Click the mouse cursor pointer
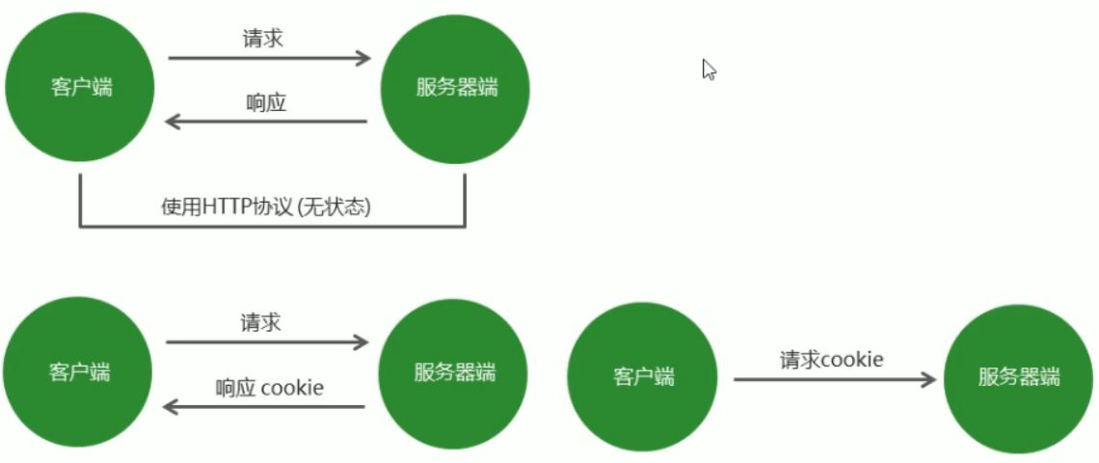pyautogui.click(x=709, y=69)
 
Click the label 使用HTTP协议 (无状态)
pyautogui.click(x=266, y=207)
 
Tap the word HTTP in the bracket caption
pyautogui.click(x=225, y=207)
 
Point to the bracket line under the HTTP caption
pyautogui.click(x=272, y=227)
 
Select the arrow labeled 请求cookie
pyautogui.click(x=835, y=379)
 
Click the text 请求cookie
pyautogui.click(x=831, y=360)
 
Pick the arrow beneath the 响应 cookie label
pyautogui.click(x=264, y=407)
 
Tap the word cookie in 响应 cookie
pyautogui.click(x=292, y=388)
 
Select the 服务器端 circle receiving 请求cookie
pyautogui.click(x=1019, y=376)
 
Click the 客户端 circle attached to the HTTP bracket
pyautogui.click(x=81, y=87)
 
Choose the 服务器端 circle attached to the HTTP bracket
pyautogui.click(x=457, y=87)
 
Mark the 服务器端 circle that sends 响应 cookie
pyautogui.click(x=454, y=371)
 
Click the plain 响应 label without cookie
pyautogui.click(x=266, y=102)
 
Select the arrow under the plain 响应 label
pyautogui.click(x=266, y=122)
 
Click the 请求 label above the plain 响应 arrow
pyautogui.click(x=262, y=39)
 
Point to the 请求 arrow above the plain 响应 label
pyautogui.click(x=270, y=59)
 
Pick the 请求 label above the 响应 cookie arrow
pyautogui.click(x=260, y=322)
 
